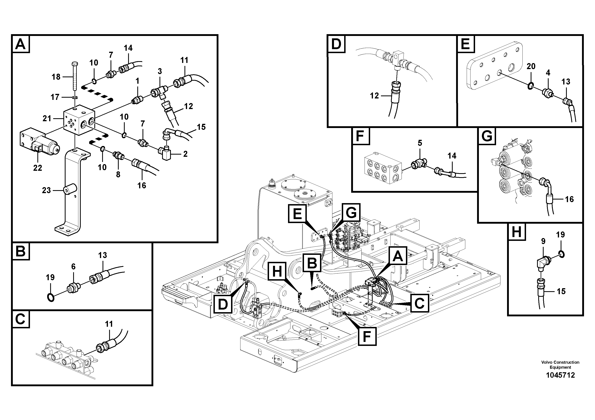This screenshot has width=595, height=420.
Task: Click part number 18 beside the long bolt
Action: click(56, 77)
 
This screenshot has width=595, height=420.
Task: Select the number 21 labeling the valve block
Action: click(47, 119)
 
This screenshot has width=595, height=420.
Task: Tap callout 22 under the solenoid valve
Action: click(38, 168)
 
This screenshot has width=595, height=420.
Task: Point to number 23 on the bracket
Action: click(46, 190)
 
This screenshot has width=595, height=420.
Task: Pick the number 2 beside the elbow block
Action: click(185, 154)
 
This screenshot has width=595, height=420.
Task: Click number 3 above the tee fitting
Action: click(160, 71)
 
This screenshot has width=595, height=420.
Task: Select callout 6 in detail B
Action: click(73, 266)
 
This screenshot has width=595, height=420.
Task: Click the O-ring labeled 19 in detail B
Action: click(51, 298)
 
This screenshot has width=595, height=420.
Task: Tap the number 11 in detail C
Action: click(109, 324)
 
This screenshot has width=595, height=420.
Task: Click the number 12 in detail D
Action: click(374, 96)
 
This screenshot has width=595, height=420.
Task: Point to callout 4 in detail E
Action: click(548, 73)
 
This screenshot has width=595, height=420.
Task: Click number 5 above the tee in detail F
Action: click(420, 143)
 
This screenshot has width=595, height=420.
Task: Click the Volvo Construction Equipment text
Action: click(560, 365)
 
